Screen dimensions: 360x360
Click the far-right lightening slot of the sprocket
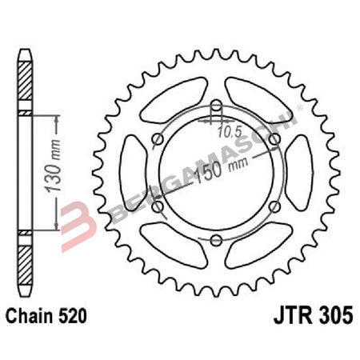pos(302,173)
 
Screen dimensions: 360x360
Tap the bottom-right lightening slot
pos(260,247)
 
